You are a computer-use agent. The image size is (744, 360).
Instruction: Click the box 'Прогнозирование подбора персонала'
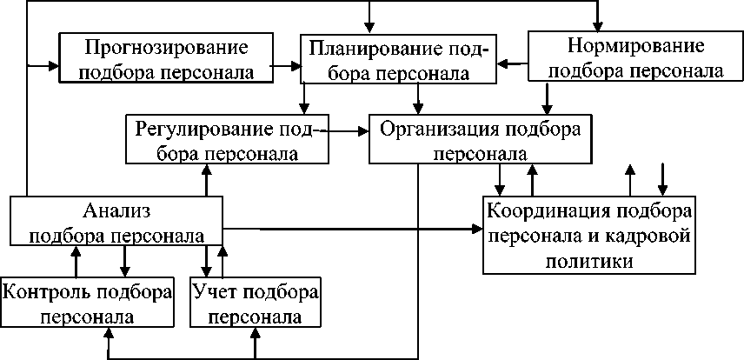(165, 58)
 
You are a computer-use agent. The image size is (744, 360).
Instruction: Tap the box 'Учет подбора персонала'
(255, 303)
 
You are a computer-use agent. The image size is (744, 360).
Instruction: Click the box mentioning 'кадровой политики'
(590, 236)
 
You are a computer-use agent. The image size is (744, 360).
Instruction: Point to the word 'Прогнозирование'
(165, 46)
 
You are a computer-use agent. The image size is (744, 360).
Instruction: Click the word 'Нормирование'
(635, 44)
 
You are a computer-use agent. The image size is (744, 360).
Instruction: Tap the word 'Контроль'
(47, 290)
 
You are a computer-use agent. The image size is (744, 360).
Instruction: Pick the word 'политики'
(590, 260)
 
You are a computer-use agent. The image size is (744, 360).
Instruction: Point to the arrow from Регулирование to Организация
(348, 132)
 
